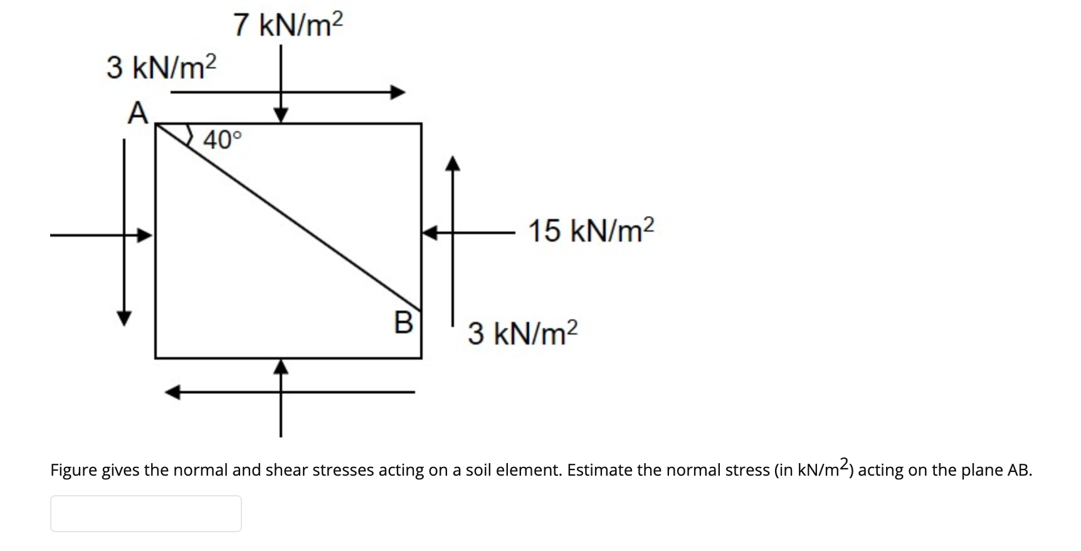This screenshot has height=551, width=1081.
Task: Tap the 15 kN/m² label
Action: [591, 230]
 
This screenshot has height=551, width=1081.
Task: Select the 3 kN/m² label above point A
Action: [161, 67]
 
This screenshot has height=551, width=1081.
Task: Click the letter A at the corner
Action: [138, 114]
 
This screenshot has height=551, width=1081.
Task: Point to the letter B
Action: [404, 323]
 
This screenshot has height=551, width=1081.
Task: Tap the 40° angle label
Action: [221, 139]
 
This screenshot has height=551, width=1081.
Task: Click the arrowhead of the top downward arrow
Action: [281, 115]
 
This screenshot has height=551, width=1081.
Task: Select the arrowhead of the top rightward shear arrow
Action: [398, 93]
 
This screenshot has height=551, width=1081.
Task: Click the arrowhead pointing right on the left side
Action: [145, 235]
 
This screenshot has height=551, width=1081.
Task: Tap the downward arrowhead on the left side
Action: [125, 318]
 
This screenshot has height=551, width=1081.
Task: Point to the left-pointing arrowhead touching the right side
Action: [430, 233]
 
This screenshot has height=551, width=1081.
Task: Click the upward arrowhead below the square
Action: [282, 366]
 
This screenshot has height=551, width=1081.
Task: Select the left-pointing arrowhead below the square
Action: [172, 393]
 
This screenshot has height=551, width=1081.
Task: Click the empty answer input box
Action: [145, 513]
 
